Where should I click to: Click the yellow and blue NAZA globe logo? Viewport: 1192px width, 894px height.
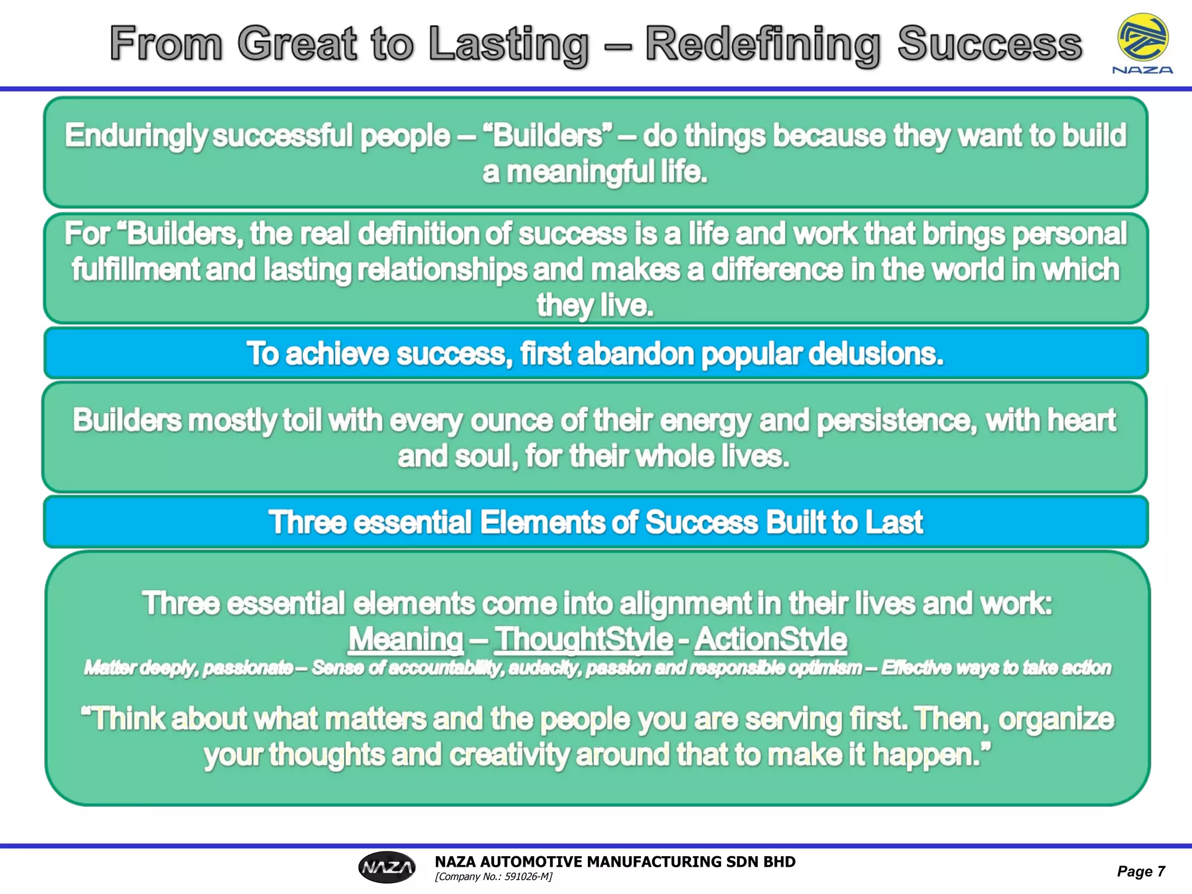pyautogui.click(x=1143, y=38)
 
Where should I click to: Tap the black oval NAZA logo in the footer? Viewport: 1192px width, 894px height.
pyautogui.click(x=387, y=867)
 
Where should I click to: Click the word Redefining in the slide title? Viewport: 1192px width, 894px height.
pyautogui.click(x=762, y=44)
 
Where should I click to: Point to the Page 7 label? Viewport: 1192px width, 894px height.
pyautogui.click(x=1141, y=871)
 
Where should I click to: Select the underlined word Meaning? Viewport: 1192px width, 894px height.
pyautogui.click(x=406, y=639)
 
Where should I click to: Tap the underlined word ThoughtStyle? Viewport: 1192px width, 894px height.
pyautogui.click(x=584, y=639)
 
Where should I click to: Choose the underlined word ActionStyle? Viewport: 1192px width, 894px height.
pyautogui.click(x=771, y=639)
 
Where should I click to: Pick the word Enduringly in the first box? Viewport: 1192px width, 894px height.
pyautogui.click(x=136, y=136)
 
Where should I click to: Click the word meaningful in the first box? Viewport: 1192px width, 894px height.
pyautogui.click(x=580, y=172)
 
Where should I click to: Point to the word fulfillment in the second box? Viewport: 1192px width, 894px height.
pyautogui.click(x=136, y=269)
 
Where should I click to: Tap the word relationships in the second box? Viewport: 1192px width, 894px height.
pyautogui.click(x=442, y=269)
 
